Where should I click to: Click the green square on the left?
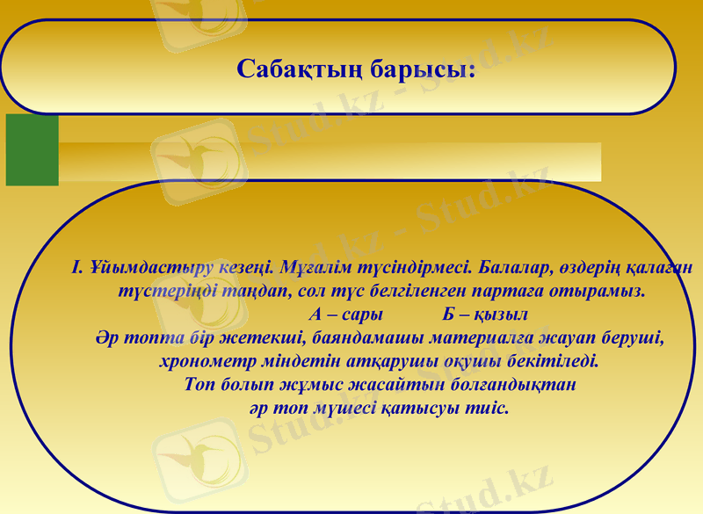pyautogui.click(x=33, y=150)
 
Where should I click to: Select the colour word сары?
pyautogui.click(x=364, y=314)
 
